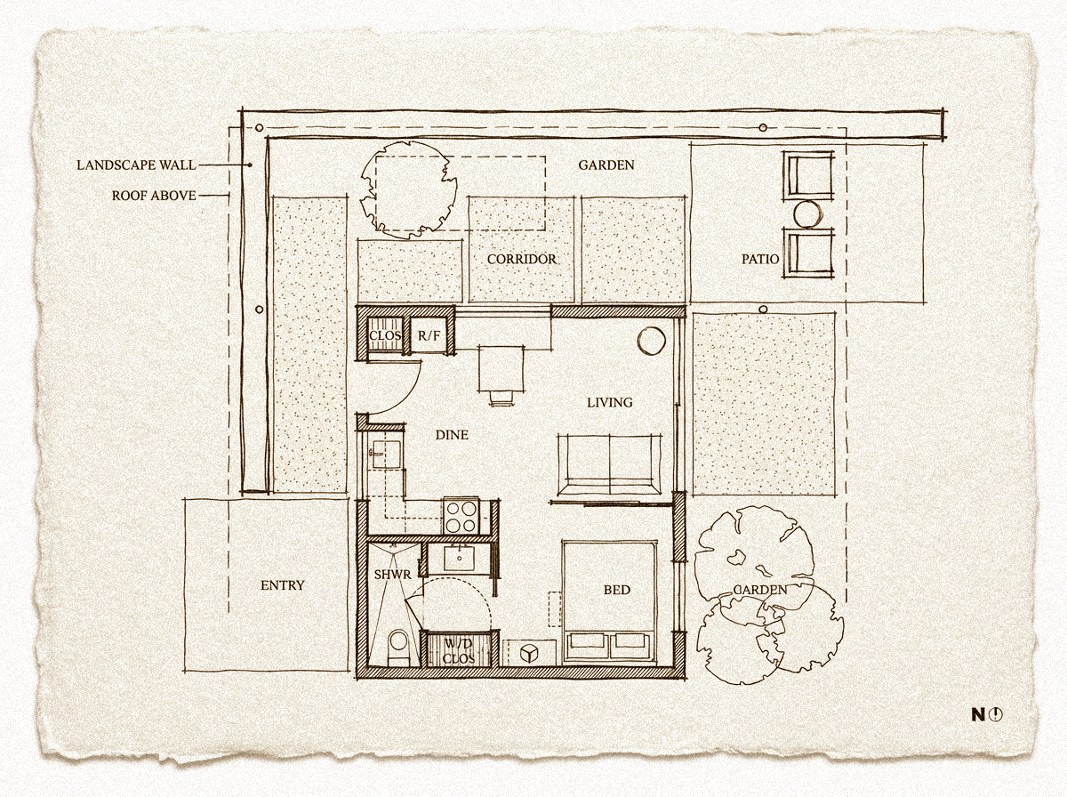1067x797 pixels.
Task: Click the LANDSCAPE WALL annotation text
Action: (136, 165)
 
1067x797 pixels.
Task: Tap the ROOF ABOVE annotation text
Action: (154, 196)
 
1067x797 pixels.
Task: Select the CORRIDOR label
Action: (522, 259)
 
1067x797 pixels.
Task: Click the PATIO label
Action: (760, 259)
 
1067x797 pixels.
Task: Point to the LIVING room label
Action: (610, 402)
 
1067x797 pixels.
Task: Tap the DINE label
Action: (452, 434)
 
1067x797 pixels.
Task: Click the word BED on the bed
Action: (617, 590)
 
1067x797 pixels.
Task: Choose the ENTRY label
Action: (283, 584)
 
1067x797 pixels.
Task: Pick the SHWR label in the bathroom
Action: (392, 575)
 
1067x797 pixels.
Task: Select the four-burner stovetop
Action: (461, 514)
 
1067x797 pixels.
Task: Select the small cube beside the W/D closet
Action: (529, 653)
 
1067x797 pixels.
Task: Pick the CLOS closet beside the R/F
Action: (385, 336)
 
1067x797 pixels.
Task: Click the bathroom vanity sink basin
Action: (459, 559)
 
